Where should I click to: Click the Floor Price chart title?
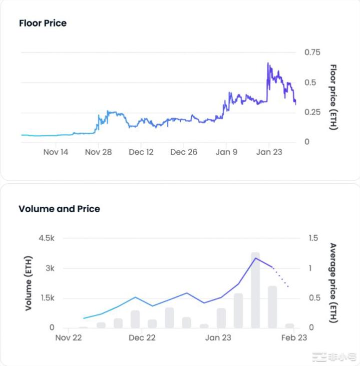click(x=43, y=23)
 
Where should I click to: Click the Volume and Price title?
click(x=59, y=209)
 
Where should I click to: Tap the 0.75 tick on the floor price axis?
click(x=314, y=53)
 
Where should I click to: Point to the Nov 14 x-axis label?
click(x=56, y=152)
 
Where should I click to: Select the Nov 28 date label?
click(x=99, y=152)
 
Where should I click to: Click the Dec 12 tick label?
click(x=141, y=152)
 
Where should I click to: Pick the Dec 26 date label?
click(x=184, y=152)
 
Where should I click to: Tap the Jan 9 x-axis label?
click(x=226, y=152)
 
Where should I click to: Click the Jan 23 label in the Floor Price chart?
click(x=269, y=152)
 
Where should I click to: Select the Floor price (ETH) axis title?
click(x=333, y=97)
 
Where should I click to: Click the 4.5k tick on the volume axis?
click(x=46, y=238)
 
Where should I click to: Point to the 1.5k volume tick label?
click(x=46, y=298)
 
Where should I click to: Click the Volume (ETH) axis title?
click(x=29, y=283)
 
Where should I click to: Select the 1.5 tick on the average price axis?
click(x=313, y=238)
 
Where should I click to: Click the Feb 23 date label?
click(x=293, y=338)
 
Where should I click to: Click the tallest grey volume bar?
click(x=255, y=290)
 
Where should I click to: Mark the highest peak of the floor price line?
click(x=268, y=64)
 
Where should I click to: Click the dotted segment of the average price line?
click(x=281, y=277)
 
